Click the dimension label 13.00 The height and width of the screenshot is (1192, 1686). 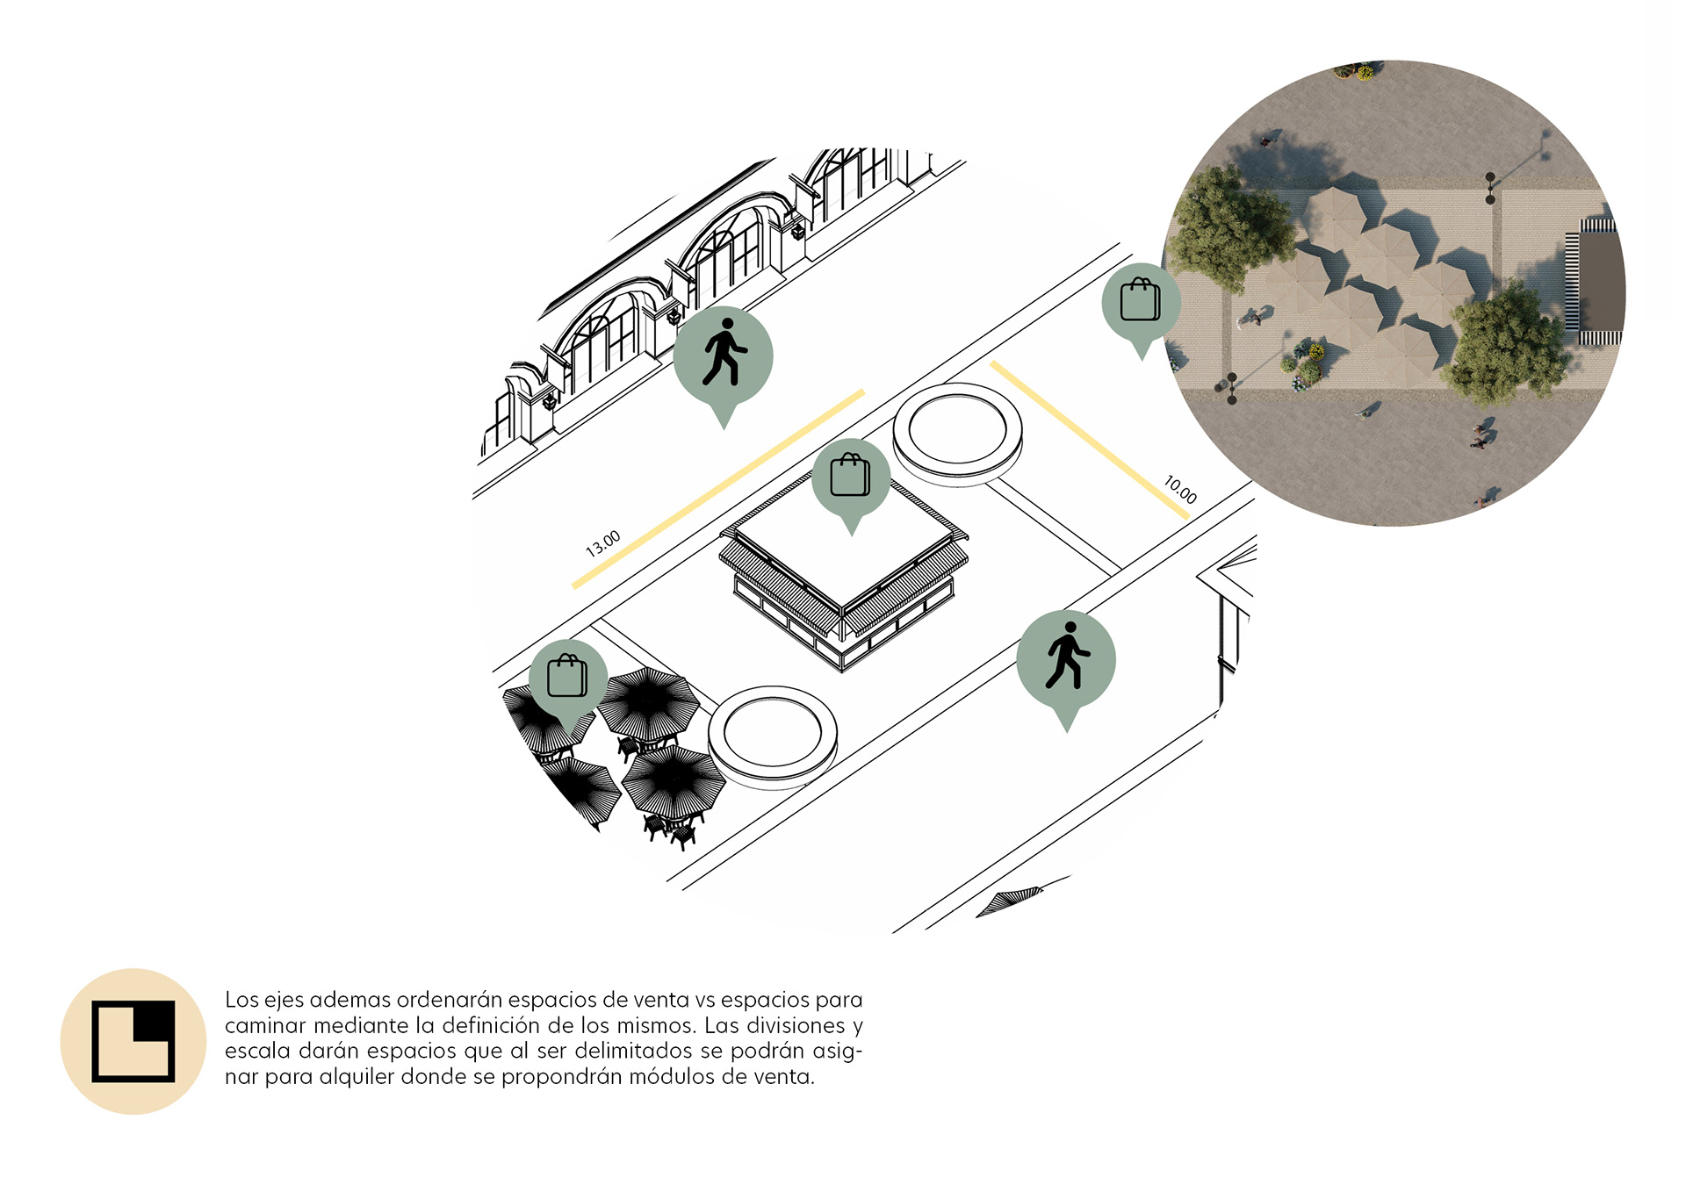coord(603,543)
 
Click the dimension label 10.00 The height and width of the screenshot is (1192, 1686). coord(1180,489)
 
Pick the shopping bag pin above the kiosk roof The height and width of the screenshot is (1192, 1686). coord(851,484)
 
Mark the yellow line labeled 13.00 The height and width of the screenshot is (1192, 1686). coord(718,489)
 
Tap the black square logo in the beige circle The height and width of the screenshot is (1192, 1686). coord(133,1041)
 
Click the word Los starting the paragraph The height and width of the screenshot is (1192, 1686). coord(241,1000)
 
